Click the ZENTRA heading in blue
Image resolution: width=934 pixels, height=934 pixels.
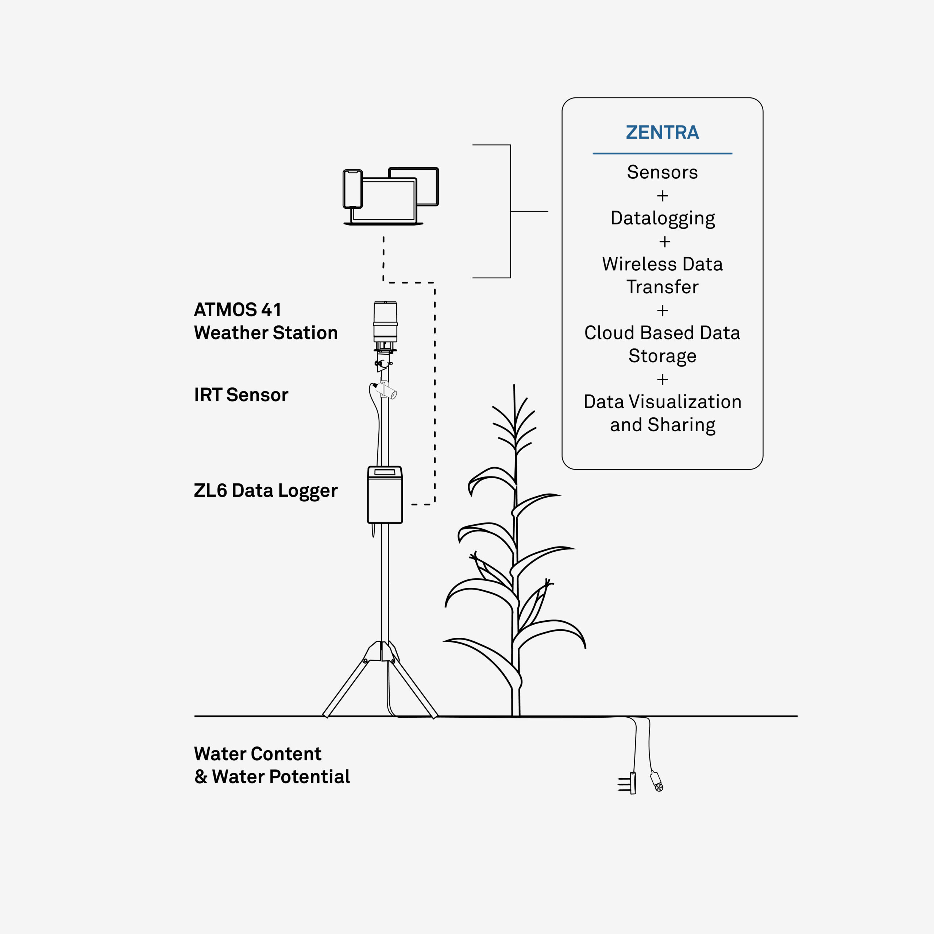662,132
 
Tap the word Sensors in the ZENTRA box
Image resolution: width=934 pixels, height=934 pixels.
662,172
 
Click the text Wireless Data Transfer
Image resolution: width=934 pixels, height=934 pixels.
662,275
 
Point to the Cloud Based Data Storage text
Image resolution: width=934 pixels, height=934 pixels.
662,344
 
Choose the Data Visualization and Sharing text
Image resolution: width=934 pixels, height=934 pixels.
662,413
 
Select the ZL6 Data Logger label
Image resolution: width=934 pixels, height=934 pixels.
265,491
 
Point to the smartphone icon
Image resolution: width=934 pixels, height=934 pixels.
353,189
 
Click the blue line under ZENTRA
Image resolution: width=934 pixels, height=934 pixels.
662,154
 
